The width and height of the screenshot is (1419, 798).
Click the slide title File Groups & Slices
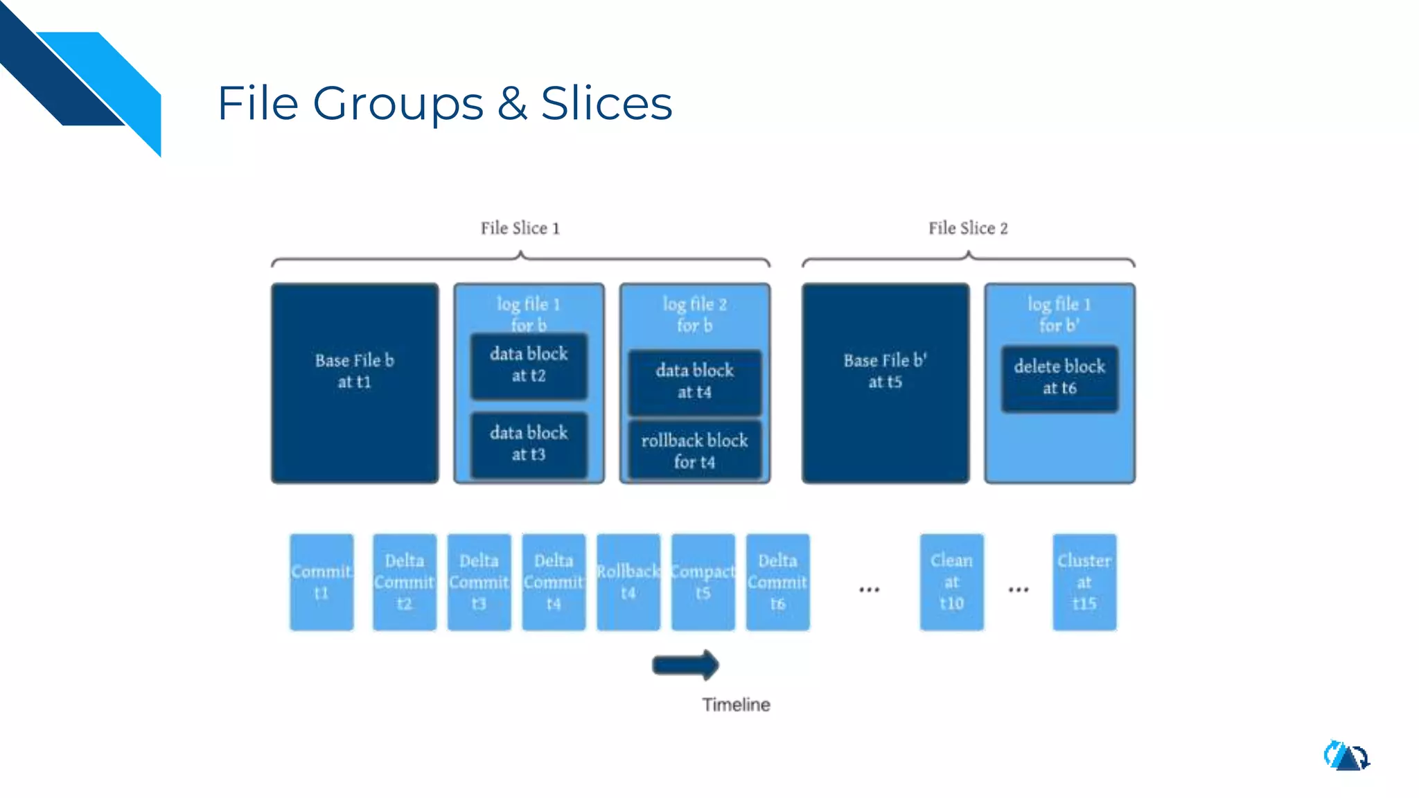point(444,103)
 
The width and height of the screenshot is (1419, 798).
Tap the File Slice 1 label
point(520,228)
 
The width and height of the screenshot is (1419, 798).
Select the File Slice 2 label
point(968,228)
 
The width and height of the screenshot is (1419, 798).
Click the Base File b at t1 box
point(355,382)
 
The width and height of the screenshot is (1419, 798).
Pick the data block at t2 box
point(529,366)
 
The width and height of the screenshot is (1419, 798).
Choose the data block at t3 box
point(529,444)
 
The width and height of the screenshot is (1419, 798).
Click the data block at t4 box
point(694,382)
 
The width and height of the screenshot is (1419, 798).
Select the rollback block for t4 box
point(694,451)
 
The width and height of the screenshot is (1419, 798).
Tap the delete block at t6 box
point(1059,378)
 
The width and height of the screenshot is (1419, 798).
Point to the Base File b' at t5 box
point(885,382)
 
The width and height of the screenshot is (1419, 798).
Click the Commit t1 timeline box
point(321,582)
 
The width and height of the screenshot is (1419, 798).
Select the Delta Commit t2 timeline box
point(405,582)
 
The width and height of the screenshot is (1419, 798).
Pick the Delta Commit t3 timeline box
point(479,582)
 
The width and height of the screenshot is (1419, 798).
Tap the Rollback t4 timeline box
point(628,582)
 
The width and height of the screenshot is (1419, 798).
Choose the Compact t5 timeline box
point(703,582)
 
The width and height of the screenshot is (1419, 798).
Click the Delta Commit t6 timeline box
point(777,582)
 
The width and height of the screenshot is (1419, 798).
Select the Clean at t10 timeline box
point(951,582)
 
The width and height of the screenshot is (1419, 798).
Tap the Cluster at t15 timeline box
point(1084,582)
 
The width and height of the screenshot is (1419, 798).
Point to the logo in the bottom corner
point(1346,756)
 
